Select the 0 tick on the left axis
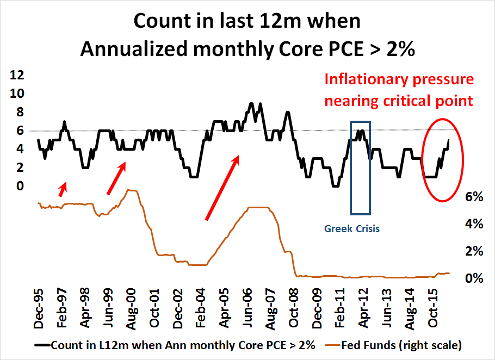[x=21, y=187]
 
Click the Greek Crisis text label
[x=352, y=229]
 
